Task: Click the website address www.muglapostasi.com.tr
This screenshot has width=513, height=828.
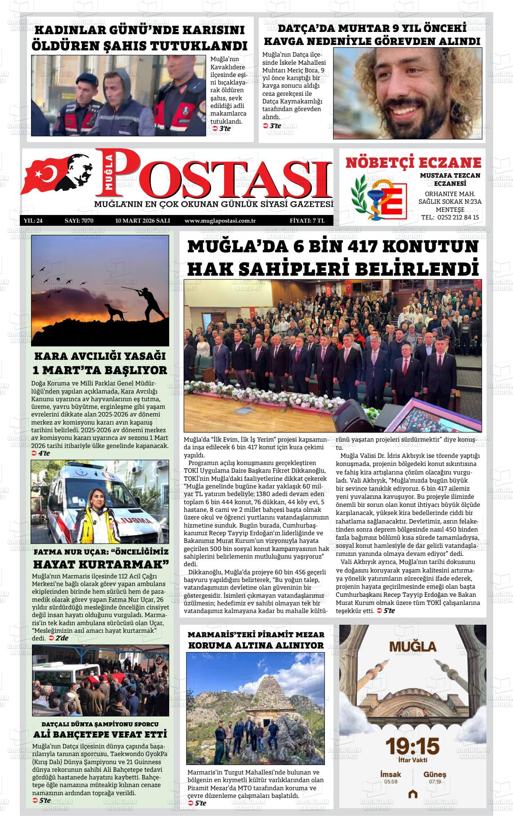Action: coord(220,221)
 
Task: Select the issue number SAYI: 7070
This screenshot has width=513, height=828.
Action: coord(79,221)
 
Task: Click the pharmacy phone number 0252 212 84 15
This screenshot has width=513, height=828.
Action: coord(457,217)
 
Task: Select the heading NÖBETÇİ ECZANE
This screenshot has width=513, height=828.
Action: coord(413,163)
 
